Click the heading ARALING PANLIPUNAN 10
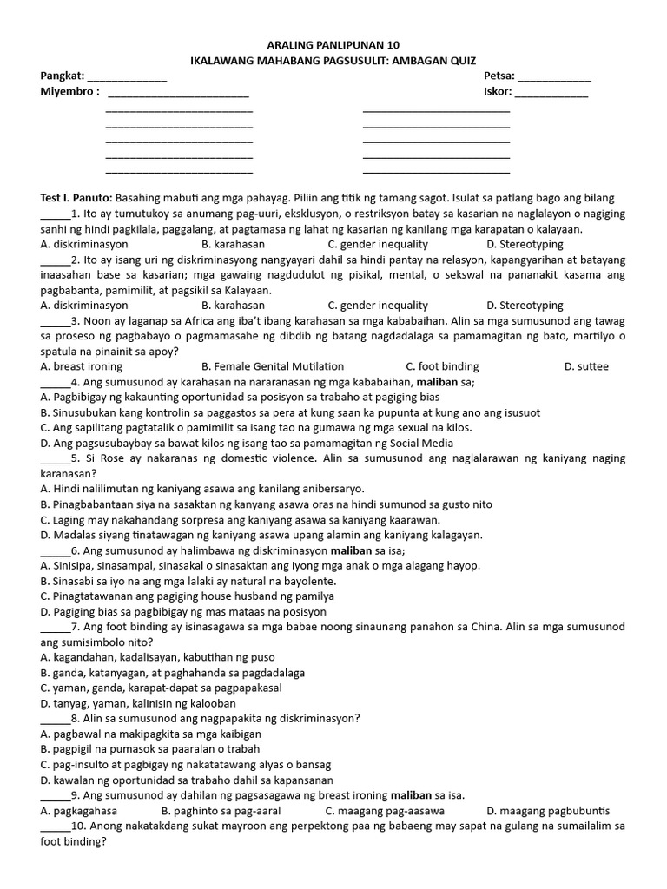(333, 44)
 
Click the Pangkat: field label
(62, 76)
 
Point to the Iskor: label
(498, 91)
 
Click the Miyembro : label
(69, 91)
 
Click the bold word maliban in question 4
(441, 381)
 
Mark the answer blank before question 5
(53, 458)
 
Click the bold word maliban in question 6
(350, 550)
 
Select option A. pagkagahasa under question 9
(79, 811)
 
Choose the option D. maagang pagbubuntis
(548, 811)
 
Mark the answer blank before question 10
(53, 826)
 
